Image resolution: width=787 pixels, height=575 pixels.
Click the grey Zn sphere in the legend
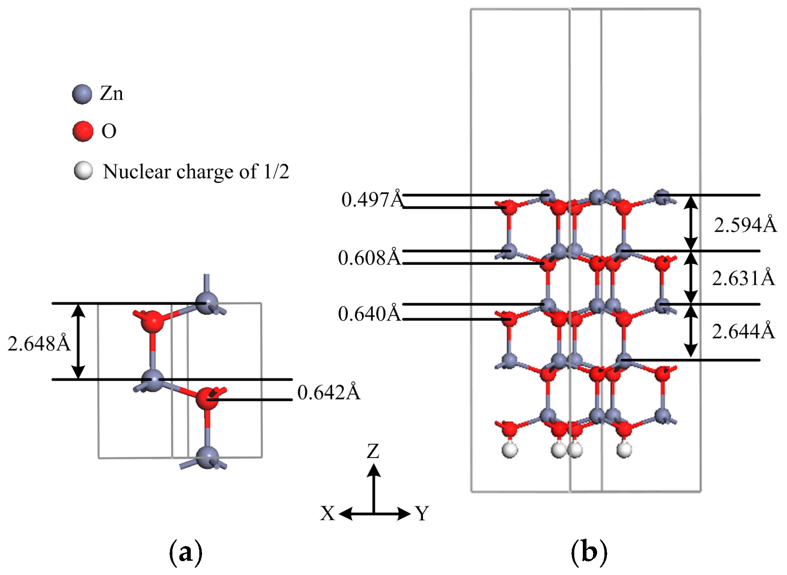82,95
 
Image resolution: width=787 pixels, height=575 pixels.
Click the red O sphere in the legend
83,131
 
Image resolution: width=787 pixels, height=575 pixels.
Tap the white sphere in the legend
83,170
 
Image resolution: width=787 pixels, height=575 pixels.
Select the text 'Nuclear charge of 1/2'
196,172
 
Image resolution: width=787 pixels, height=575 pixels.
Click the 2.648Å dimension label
39,344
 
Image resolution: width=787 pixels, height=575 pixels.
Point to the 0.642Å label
328,392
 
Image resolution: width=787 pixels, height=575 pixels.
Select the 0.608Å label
369,258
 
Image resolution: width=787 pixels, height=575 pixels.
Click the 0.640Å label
369,314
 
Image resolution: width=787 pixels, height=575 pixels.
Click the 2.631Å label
743,278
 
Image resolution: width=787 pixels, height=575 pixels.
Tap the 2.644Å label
743,331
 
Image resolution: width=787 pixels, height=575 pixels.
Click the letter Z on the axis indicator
373,452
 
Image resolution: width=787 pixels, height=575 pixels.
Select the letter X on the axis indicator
327,513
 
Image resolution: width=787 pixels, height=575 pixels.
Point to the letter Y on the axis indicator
423,513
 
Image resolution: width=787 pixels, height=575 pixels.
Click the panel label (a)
185,553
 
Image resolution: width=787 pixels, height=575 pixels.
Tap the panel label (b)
589,553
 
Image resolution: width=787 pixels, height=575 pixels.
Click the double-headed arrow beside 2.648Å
78,341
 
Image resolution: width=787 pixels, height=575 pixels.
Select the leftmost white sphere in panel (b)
509,450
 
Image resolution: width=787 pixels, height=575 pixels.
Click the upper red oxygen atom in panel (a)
152,321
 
